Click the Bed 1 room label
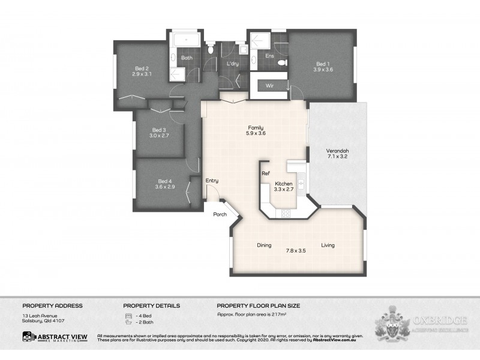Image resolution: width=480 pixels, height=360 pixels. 323,64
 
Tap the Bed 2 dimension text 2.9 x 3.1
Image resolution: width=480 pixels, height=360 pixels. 143,74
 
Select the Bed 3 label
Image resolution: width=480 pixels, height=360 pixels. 158,130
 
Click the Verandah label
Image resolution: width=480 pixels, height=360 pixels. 337,151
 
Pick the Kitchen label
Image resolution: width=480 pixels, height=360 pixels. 283,184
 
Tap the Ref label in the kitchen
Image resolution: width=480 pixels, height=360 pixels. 265,173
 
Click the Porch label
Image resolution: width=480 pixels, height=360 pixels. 220,215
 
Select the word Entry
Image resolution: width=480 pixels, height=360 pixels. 212,181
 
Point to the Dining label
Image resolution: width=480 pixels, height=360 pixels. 264,245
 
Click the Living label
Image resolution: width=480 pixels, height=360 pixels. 328,245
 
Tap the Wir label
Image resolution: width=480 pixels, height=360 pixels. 269,86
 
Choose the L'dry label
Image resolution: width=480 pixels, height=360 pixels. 233,64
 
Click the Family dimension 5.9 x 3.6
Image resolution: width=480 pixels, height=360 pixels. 256,133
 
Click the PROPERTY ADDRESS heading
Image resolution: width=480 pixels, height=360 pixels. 52,305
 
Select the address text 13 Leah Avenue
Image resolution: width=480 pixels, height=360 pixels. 38,316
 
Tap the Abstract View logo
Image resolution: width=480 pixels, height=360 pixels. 55,338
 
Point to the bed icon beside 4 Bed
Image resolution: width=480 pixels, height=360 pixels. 128,316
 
